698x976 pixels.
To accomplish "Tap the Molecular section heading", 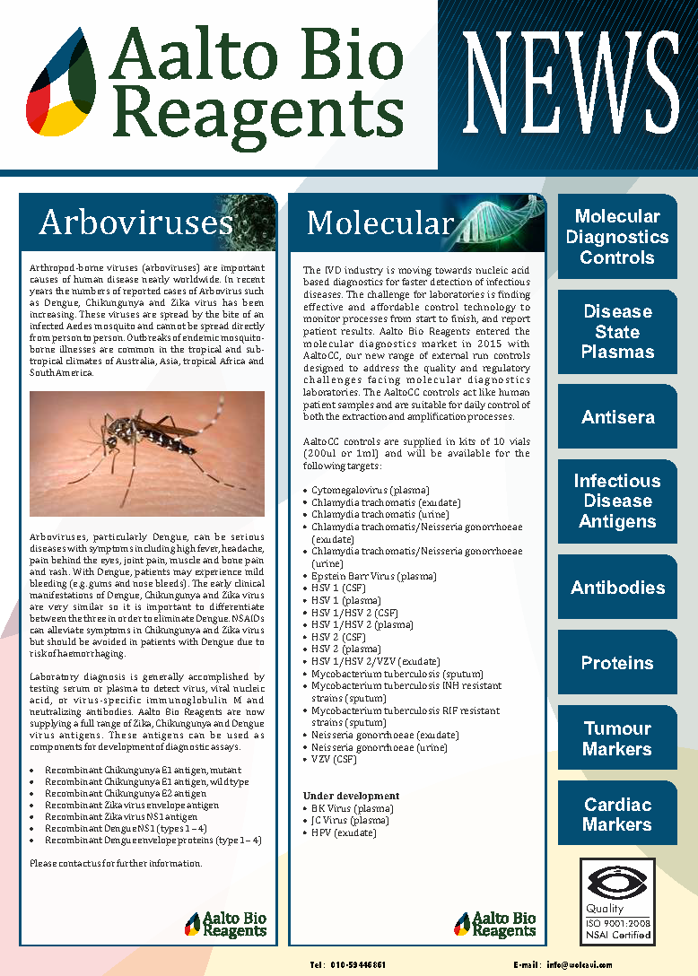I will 379,222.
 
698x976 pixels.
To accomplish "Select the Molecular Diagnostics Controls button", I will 617,237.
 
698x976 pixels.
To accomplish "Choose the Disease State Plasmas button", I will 617,331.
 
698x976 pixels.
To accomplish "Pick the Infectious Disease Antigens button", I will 617,501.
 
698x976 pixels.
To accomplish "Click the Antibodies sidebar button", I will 617,588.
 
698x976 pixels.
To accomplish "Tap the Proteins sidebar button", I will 617,663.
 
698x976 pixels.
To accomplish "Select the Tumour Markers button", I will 617,738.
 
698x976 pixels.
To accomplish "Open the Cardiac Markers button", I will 617,814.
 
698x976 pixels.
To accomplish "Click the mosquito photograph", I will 147,453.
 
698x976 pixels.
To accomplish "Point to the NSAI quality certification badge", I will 617,901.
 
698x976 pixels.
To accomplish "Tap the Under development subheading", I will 351,796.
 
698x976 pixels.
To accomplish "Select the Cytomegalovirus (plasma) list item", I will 370,491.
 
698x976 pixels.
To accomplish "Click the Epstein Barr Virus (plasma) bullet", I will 373,576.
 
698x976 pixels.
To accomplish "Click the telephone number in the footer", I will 348,964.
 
